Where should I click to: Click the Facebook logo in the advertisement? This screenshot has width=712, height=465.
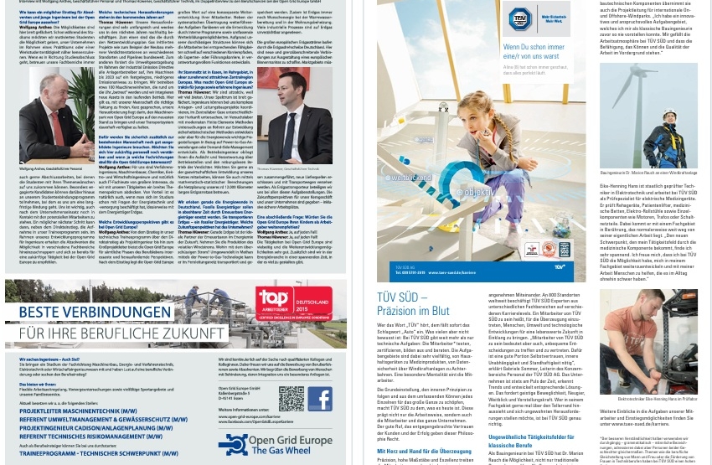319,399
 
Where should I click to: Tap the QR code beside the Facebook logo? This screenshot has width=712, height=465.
292,399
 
